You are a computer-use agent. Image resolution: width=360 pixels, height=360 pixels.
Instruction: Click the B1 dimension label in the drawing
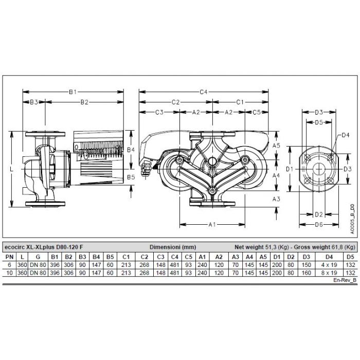click(x=73, y=92)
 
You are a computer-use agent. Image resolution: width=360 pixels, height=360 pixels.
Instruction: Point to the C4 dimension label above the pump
click(x=203, y=92)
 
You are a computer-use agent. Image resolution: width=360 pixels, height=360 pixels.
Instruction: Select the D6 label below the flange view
click(x=318, y=225)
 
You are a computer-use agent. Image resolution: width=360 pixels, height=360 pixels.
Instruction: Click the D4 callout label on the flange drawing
click(x=346, y=135)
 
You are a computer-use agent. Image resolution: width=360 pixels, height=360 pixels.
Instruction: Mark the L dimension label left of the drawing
click(x=11, y=169)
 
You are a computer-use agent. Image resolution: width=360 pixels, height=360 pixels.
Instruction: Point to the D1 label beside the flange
click(x=290, y=169)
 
